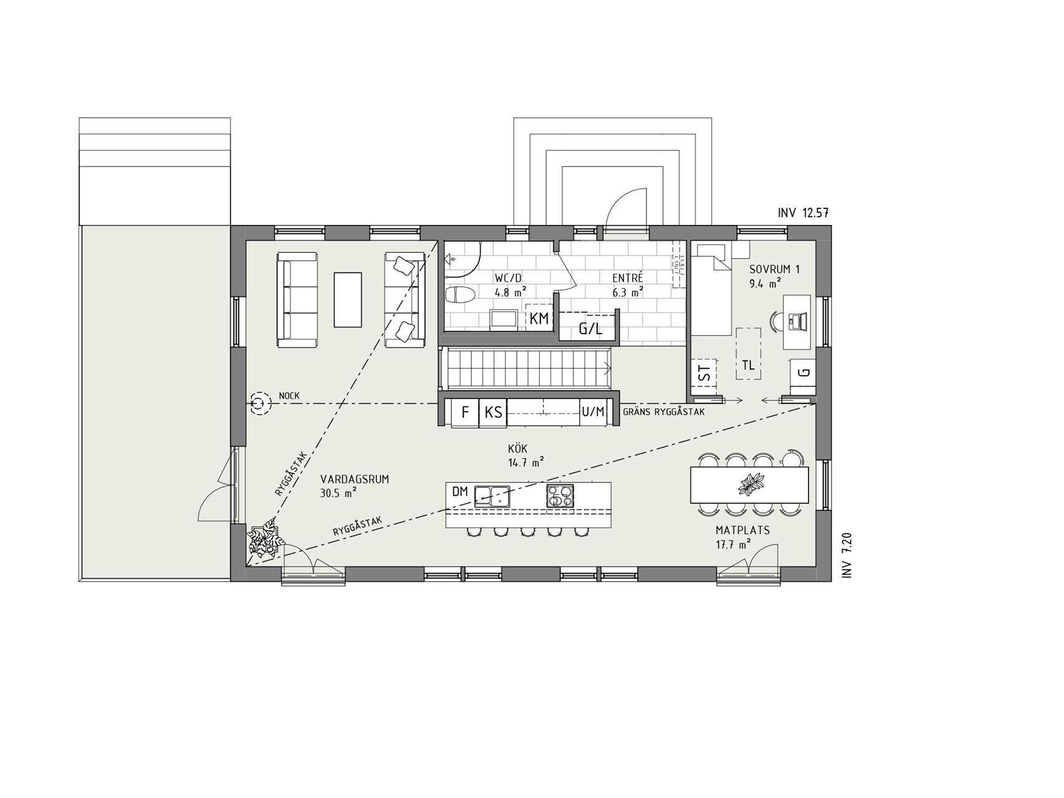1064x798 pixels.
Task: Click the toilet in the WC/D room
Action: pos(461,296)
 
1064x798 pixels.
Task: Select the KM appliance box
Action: pos(540,318)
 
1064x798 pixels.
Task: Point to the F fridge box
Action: pos(464,412)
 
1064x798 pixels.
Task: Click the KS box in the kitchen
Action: pos(493,412)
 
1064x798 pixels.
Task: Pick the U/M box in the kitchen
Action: pos(593,412)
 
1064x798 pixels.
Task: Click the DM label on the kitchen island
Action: pos(459,492)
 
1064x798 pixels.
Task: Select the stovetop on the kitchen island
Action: pos(560,496)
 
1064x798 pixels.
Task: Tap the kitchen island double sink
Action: pos(492,496)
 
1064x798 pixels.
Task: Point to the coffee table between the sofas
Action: pos(348,299)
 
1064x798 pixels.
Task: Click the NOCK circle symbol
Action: pos(260,404)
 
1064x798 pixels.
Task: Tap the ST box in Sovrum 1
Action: pos(704,374)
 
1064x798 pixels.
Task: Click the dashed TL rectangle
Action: pos(748,353)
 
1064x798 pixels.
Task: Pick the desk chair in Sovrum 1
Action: pos(776,322)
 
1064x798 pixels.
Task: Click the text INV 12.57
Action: pos(803,213)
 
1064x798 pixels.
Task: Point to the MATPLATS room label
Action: pos(742,531)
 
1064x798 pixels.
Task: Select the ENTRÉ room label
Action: pos(628,278)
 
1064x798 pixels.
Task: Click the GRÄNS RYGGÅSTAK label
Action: pos(664,412)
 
